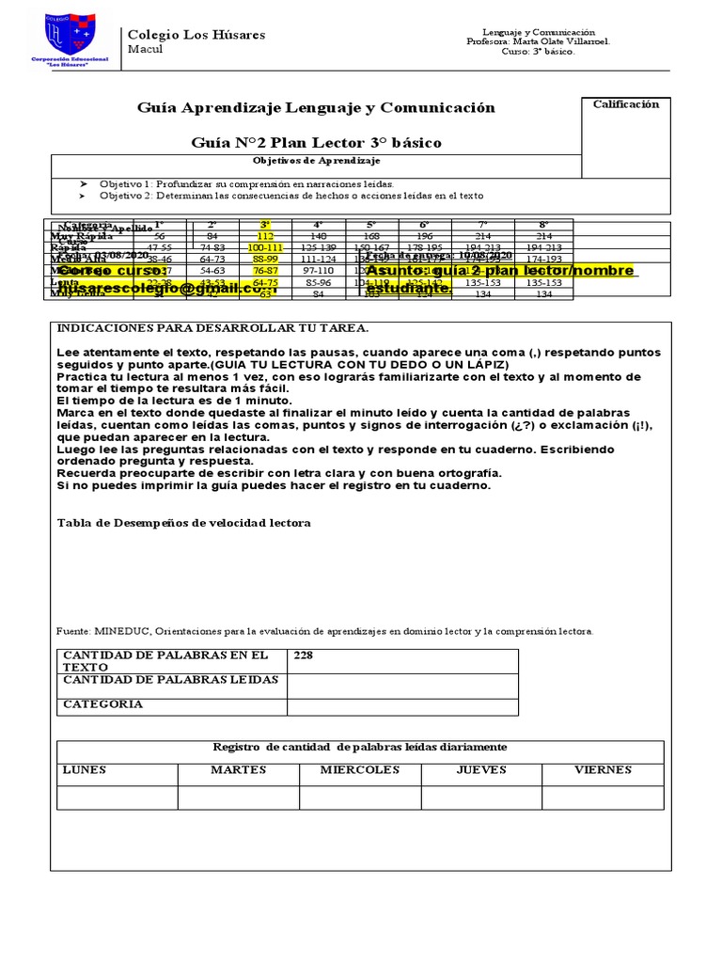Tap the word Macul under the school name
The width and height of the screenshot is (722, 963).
145,50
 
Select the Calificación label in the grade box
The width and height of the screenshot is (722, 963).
625,104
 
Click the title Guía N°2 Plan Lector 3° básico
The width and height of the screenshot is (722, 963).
316,143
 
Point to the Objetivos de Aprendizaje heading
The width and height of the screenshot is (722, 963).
315,161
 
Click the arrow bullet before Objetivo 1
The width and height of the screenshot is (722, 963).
83,183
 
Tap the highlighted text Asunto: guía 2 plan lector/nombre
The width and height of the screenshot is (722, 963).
499,271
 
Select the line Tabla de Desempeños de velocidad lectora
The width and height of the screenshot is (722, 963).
184,523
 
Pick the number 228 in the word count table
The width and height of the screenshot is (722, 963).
304,655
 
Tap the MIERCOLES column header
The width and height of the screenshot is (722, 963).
360,770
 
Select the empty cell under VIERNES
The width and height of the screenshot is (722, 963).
603,797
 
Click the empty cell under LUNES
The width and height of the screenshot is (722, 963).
118,797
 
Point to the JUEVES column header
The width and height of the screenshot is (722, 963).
481,770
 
